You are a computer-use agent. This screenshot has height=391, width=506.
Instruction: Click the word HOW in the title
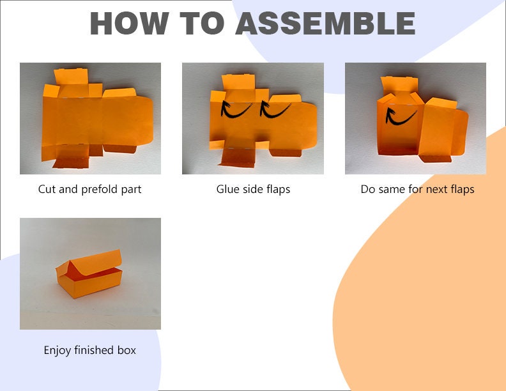click(x=129, y=23)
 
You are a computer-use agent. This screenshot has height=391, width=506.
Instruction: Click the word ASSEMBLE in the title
click(x=325, y=23)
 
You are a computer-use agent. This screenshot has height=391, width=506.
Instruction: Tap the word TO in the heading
click(x=202, y=23)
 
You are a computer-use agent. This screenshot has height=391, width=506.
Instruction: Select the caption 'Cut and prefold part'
click(x=89, y=189)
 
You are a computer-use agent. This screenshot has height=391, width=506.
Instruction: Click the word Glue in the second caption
click(x=228, y=189)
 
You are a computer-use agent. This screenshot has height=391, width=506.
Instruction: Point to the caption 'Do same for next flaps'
click(x=418, y=189)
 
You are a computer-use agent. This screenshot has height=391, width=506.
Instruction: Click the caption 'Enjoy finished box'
click(x=89, y=350)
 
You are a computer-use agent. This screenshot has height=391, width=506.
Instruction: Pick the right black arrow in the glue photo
click(x=275, y=109)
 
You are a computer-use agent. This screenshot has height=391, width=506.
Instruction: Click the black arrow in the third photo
click(x=401, y=116)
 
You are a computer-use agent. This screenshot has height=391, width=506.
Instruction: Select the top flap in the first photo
click(x=71, y=77)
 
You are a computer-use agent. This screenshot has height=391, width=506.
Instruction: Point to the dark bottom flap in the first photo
click(x=72, y=160)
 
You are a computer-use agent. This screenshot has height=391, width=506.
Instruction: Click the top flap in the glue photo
click(x=238, y=82)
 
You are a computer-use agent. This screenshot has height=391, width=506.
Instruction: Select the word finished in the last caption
click(x=95, y=349)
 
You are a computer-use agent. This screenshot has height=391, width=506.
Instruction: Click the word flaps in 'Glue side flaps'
click(x=278, y=189)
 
